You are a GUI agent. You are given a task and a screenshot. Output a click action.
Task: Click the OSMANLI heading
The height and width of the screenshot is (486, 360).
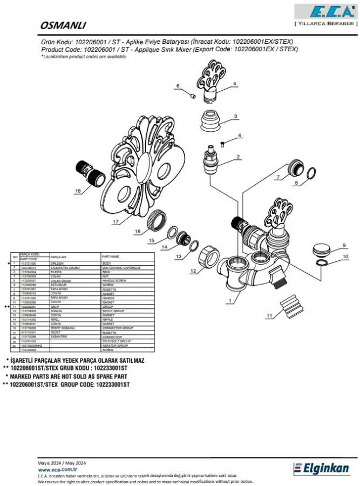pos(64,25)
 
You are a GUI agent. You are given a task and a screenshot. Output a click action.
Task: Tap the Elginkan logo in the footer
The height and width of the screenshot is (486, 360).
pos(322,468)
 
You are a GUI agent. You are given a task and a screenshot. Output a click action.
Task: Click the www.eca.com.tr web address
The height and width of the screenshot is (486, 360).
pos(56,470)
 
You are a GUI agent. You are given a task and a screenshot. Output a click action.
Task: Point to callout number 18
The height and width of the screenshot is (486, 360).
pos(78,191)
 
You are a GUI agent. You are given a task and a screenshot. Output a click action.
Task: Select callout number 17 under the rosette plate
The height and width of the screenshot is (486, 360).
pos(116,221)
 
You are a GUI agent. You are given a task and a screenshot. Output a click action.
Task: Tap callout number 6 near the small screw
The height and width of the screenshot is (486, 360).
pos(177,86)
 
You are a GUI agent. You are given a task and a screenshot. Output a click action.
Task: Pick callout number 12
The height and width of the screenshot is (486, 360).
pos(193,271)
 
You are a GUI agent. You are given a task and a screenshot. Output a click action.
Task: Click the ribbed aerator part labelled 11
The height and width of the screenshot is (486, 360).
pos(291,307)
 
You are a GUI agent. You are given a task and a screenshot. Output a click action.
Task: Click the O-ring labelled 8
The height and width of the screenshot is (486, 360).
pos(311,173)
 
